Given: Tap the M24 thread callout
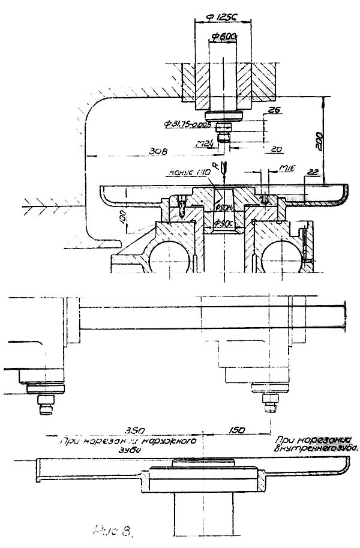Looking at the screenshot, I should [x=206, y=143].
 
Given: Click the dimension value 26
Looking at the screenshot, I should [x=275, y=110].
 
